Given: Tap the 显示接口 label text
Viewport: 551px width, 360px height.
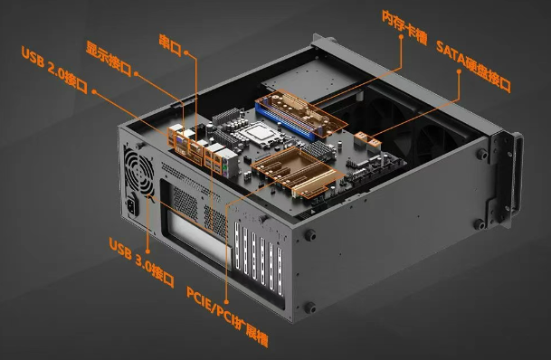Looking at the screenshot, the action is tap(109, 58).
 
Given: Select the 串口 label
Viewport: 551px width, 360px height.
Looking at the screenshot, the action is tap(170, 45).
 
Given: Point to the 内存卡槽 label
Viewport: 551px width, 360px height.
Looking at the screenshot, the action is tap(404, 27).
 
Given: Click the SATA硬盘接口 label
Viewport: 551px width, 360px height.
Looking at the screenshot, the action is tap(473, 66).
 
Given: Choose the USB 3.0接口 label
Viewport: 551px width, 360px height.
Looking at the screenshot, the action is tap(142, 262).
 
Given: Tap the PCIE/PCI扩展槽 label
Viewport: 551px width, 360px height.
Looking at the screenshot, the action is tap(227, 317).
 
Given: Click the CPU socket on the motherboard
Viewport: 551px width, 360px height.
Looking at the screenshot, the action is tap(260, 134).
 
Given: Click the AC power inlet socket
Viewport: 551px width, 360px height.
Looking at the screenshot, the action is tap(132, 205).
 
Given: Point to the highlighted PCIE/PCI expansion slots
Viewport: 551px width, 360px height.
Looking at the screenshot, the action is tap(298, 172).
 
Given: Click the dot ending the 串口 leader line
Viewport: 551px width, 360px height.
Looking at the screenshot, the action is tap(185, 52).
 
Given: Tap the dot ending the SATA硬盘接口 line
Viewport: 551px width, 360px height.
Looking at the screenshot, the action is tap(459, 71).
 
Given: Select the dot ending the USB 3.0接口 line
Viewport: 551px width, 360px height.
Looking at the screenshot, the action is tap(147, 251).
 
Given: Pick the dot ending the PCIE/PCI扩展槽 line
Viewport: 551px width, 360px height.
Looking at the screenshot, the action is tap(226, 302).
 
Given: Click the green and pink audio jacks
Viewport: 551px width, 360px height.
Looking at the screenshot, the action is tap(225, 169).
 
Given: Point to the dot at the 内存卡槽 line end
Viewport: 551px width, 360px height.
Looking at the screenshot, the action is tap(401, 36).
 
